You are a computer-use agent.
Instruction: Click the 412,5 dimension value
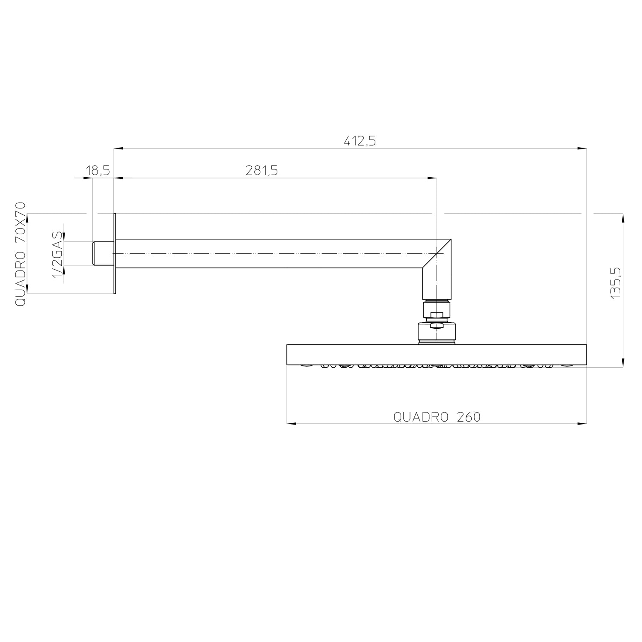(360, 141)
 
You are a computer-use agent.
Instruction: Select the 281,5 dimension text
(262, 171)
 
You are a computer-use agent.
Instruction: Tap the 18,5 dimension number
(98, 171)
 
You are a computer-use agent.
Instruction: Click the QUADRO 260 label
(437, 417)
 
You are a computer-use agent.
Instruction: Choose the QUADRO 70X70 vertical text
(21, 254)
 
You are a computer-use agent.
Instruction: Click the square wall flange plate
(115, 253)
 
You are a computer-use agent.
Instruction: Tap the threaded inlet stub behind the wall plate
(103, 253)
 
